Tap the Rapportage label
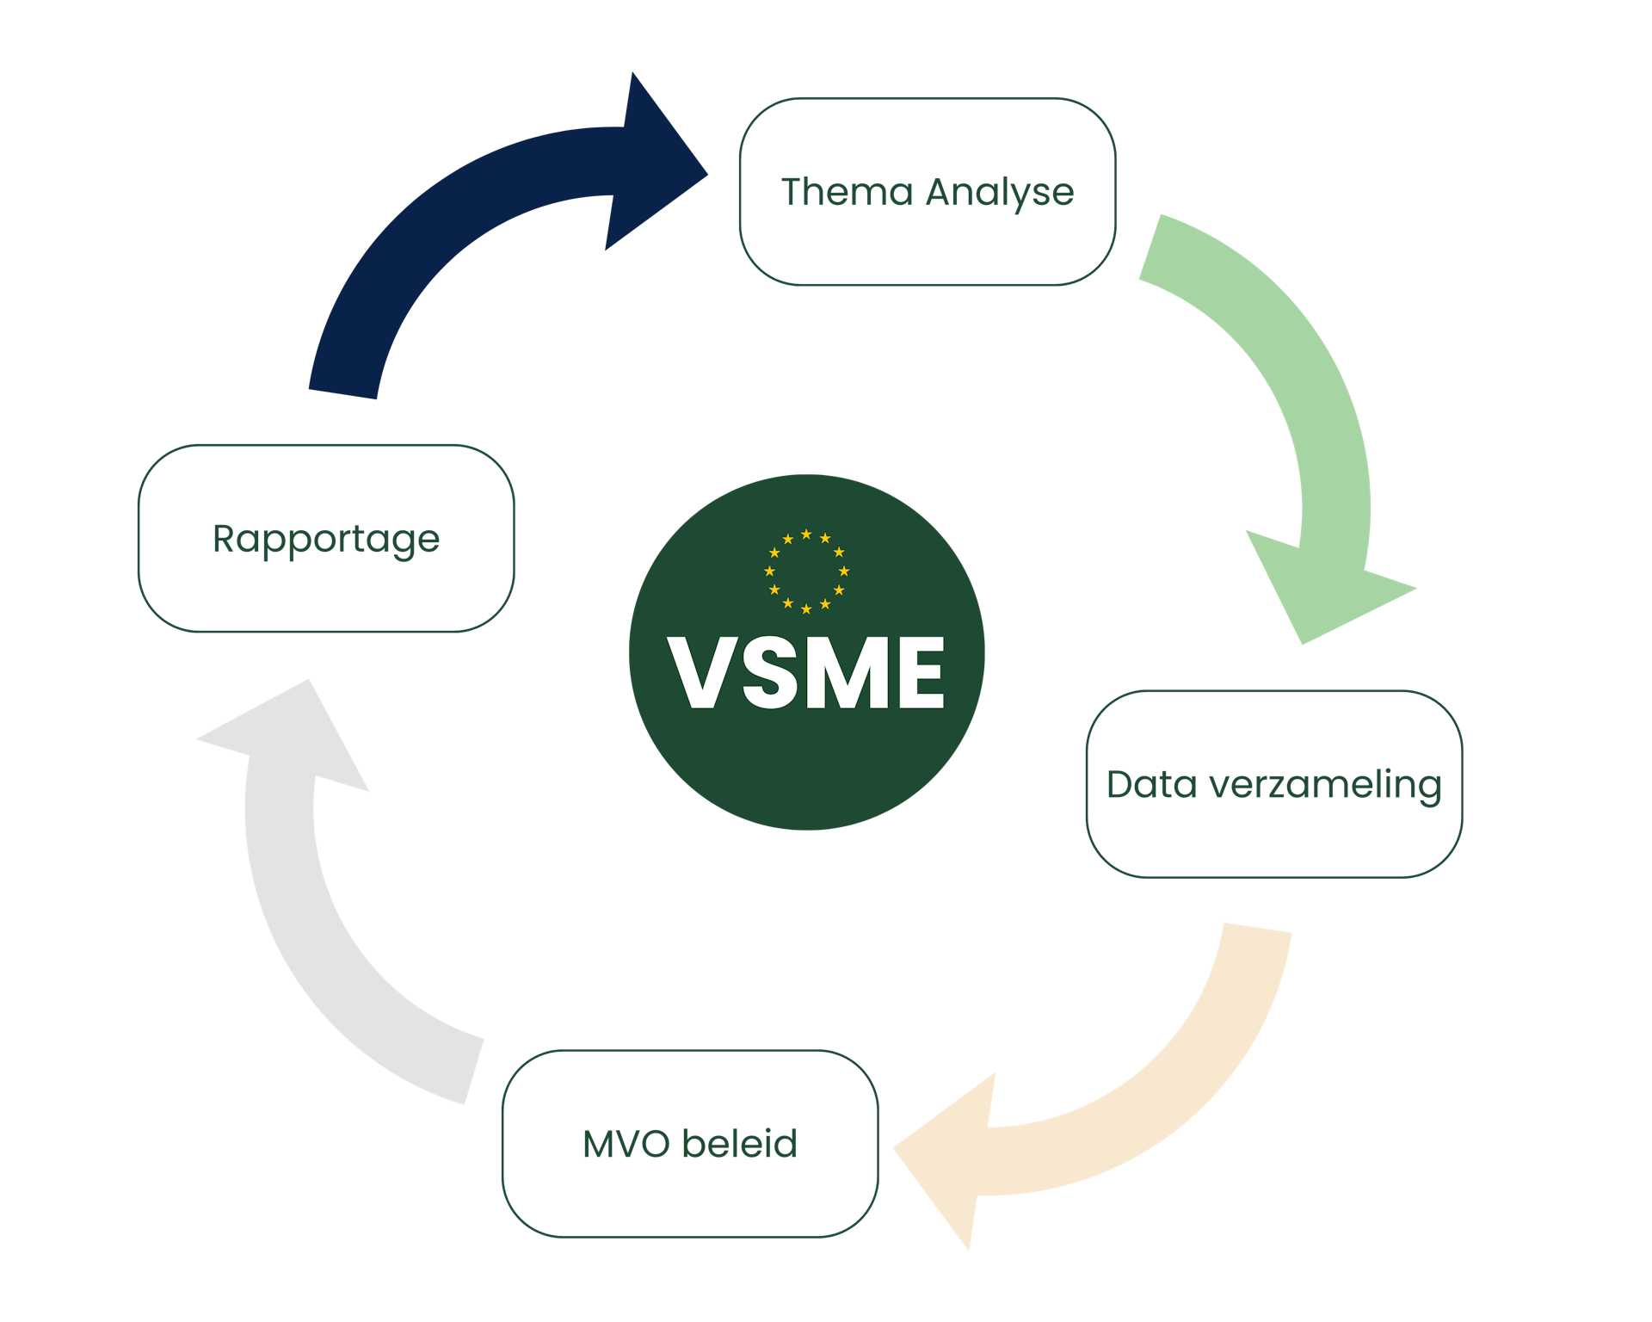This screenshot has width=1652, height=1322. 326,541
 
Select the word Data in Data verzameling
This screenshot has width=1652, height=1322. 1151,785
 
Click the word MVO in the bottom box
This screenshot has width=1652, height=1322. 626,1145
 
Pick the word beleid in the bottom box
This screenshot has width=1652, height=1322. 739,1144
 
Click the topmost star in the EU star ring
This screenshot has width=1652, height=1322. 806,534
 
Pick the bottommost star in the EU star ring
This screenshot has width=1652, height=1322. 806,609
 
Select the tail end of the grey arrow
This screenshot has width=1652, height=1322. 473,1069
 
